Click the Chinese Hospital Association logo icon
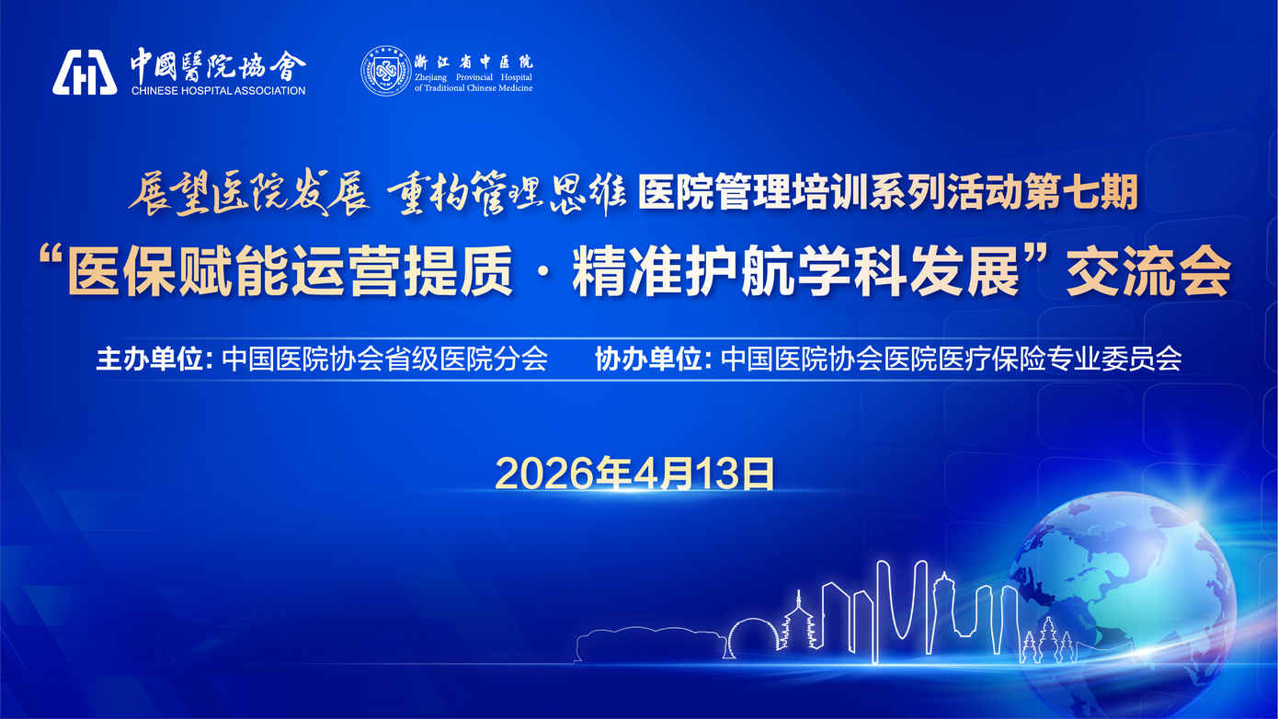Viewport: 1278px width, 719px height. point(85,72)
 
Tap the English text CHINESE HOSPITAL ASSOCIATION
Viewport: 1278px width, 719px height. point(219,91)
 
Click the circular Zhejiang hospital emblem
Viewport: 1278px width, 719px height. point(385,71)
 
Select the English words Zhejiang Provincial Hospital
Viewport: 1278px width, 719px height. point(474,77)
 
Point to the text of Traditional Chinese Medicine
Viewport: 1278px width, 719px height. point(474,88)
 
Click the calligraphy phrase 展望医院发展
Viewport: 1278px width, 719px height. point(249,193)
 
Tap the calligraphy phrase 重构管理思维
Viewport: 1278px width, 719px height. point(506,193)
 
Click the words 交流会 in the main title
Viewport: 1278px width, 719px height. point(1148,270)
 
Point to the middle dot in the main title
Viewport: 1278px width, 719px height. point(542,272)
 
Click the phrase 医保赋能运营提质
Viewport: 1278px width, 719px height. point(290,270)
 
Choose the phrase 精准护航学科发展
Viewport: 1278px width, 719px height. point(796,270)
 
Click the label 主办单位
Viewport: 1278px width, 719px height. point(150,359)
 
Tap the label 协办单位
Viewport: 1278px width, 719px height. point(649,359)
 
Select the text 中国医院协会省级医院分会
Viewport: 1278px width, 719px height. point(385,359)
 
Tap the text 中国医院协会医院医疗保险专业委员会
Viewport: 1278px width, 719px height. point(951,359)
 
